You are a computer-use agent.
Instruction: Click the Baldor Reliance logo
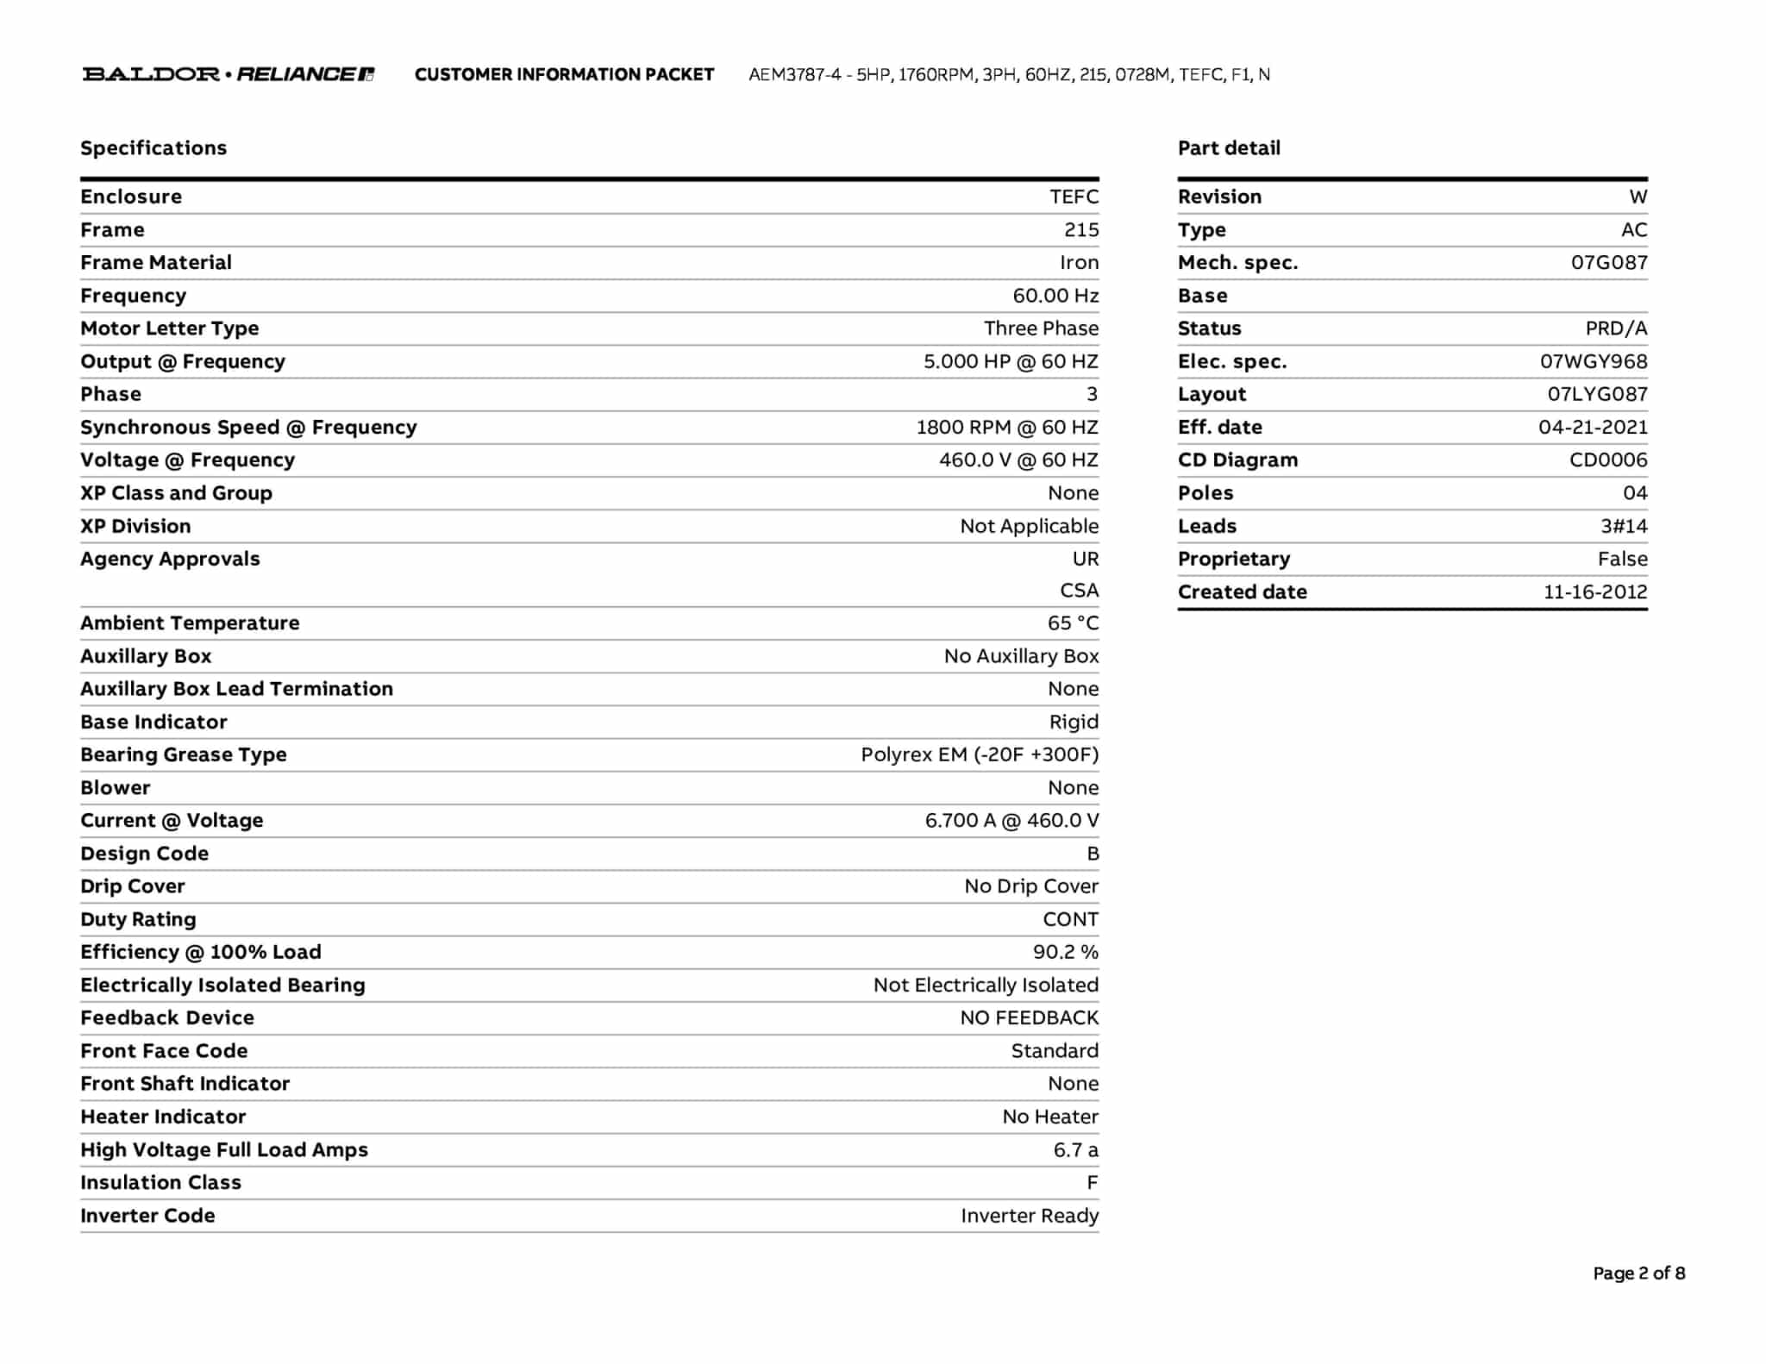(229, 74)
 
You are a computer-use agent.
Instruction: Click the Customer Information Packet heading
(564, 75)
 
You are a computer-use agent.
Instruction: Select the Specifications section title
(153, 148)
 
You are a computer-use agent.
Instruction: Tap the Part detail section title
(1229, 148)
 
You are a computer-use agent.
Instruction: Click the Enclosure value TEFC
(1074, 197)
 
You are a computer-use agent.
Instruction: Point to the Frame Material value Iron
(1079, 263)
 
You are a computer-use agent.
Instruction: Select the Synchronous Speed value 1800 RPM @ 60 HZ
(1006, 428)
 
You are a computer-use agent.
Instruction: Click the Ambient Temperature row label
(190, 623)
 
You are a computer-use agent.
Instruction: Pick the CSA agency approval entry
(1079, 591)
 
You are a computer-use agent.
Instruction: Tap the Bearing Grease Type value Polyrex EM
(979, 755)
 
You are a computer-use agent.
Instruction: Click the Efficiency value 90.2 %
(1065, 953)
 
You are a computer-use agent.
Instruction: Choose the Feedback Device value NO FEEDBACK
(1029, 1018)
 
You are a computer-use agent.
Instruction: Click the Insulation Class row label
(160, 1183)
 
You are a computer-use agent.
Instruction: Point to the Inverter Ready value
(1029, 1216)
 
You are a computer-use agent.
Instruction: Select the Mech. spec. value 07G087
(1608, 263)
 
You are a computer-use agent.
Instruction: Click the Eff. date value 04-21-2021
(1592, 428)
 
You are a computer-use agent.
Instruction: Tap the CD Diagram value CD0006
(1607, 460)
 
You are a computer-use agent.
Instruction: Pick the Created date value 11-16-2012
(1594, 592)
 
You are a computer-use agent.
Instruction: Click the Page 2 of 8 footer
(1638, 1273)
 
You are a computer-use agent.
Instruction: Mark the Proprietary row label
(1234, 560)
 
